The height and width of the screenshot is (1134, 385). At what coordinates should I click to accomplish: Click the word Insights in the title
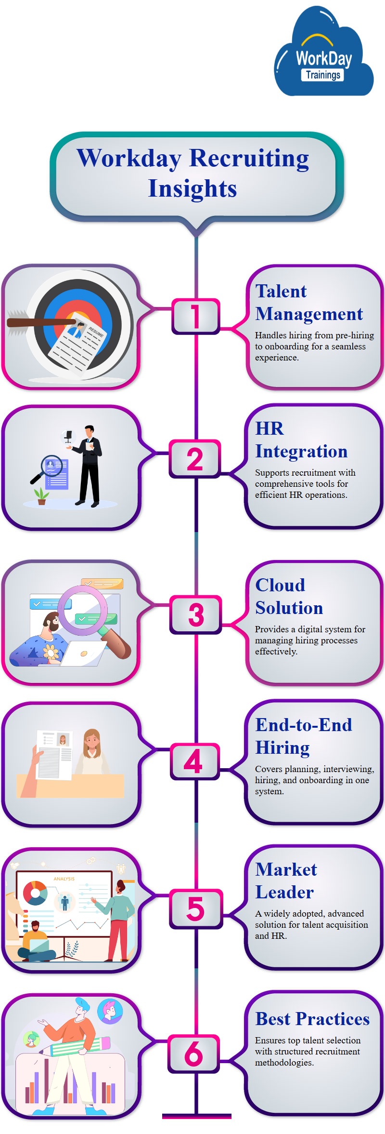coord(192,188)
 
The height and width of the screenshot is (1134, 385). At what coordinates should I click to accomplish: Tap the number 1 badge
coord(195,316)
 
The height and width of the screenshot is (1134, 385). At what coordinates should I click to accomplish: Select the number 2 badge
coord(195,459)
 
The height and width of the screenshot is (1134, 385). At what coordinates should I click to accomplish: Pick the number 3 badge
coord(196,614)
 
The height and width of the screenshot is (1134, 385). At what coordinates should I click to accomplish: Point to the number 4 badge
coord(194,761)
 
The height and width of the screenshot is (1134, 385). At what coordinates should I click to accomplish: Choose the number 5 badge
coord(195,909)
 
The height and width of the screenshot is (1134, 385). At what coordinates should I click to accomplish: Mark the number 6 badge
coord(194,1054)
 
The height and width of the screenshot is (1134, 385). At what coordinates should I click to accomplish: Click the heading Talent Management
coord(308,303)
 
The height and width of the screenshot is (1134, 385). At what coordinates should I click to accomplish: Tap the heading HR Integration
coord(301,440)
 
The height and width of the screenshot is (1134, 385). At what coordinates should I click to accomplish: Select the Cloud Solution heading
coord(289,597)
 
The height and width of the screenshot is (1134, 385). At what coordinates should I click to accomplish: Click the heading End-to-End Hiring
coord(303,736)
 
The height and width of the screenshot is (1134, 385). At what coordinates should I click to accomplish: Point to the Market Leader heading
coord(286,881)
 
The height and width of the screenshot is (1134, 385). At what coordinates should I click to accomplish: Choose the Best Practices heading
coord(312,1019)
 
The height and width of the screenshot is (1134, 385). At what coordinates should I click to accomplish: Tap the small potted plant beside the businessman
coord(41,496)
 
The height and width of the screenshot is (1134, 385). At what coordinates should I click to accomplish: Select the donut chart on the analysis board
coord(35,893)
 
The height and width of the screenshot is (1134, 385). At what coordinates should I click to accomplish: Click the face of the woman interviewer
coord(92,741)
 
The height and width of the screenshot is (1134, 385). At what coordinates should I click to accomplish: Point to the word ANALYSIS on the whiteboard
coord(64,879)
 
